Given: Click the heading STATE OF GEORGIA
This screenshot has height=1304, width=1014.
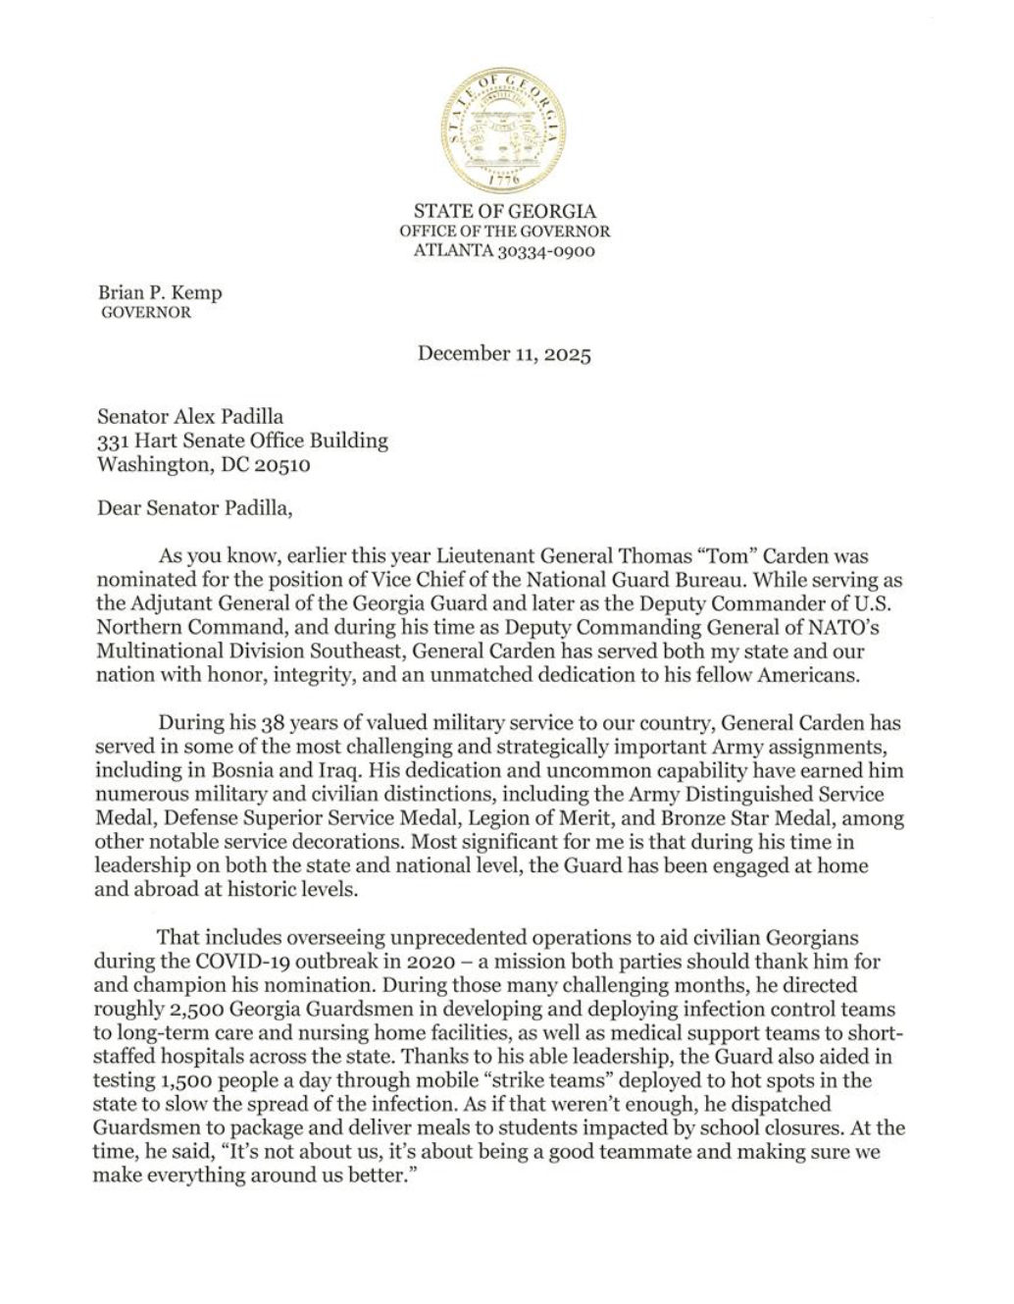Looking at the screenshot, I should pos(504,211).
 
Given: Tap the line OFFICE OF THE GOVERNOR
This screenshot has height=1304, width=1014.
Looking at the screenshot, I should pos(504,232).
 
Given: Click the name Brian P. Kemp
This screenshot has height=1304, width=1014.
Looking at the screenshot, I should pos(160,292).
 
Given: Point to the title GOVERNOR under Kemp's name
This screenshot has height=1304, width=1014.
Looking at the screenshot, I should pos(147,313).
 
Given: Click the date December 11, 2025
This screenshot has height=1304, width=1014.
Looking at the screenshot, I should pos(504,353).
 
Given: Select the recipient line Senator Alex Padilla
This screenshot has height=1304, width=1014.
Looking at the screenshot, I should pos(190,416).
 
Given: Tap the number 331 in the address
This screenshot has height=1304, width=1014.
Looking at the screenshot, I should pos(111,441).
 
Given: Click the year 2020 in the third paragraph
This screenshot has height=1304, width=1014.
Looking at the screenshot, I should pos(413,962).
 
